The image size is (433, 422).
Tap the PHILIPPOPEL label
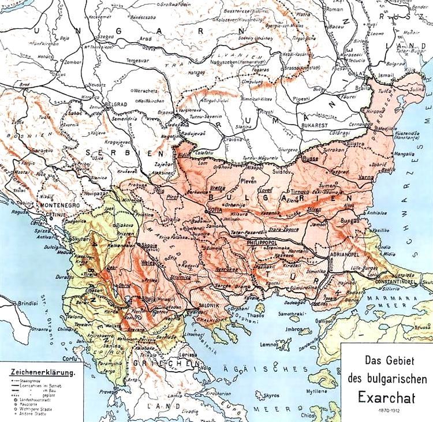(x=263, y=244)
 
